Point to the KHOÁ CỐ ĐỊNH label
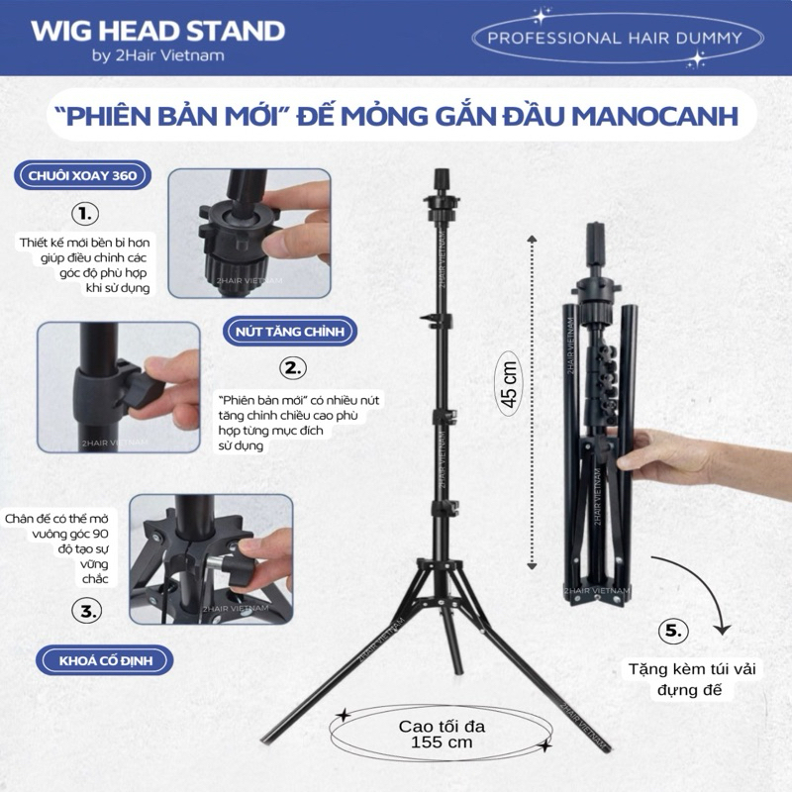[107, 659]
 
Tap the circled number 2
[292, 368]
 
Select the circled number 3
[89, 611]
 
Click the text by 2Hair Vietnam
[157, 55]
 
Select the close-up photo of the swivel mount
[248, 233]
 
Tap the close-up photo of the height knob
[118, 387]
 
